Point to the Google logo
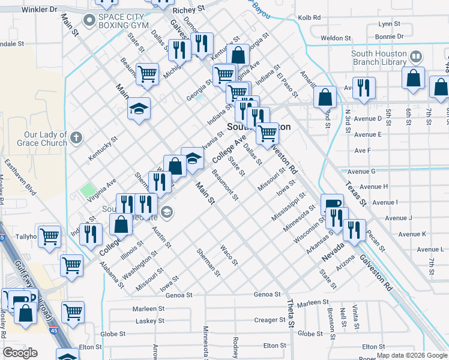20,352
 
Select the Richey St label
188,11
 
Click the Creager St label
265,320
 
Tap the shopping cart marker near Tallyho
49,237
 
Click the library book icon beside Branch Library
416,58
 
